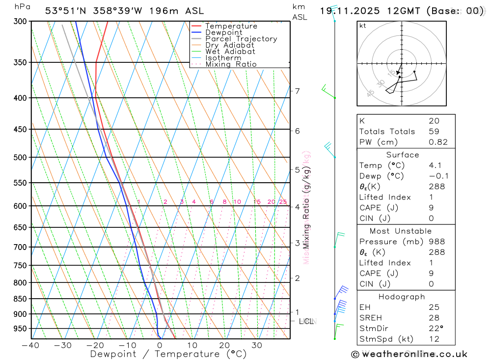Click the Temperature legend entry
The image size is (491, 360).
click(231, 26)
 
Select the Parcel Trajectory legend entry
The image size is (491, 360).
click(241, 39)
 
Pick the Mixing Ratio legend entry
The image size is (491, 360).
click(231, 64)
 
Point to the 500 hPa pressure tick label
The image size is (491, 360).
click(20, 158)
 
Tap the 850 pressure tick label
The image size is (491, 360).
click(20, 299)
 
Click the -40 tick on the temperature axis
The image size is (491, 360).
click(31, 345)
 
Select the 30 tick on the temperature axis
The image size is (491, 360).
click(257, 345)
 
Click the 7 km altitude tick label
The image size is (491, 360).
click(297, 91)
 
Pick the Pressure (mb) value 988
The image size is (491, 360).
click(436, 242)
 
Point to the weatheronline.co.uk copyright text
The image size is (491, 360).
click(409, 354)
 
